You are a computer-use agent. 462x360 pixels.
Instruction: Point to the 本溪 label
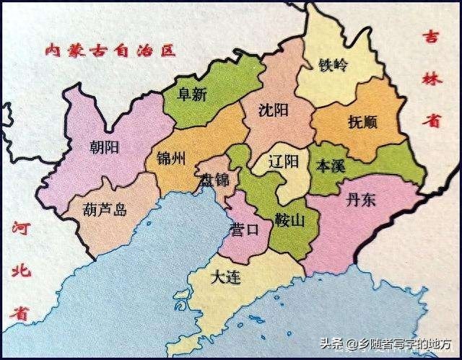click(332, 164)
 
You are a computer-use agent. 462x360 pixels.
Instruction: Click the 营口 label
click(243, 230)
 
